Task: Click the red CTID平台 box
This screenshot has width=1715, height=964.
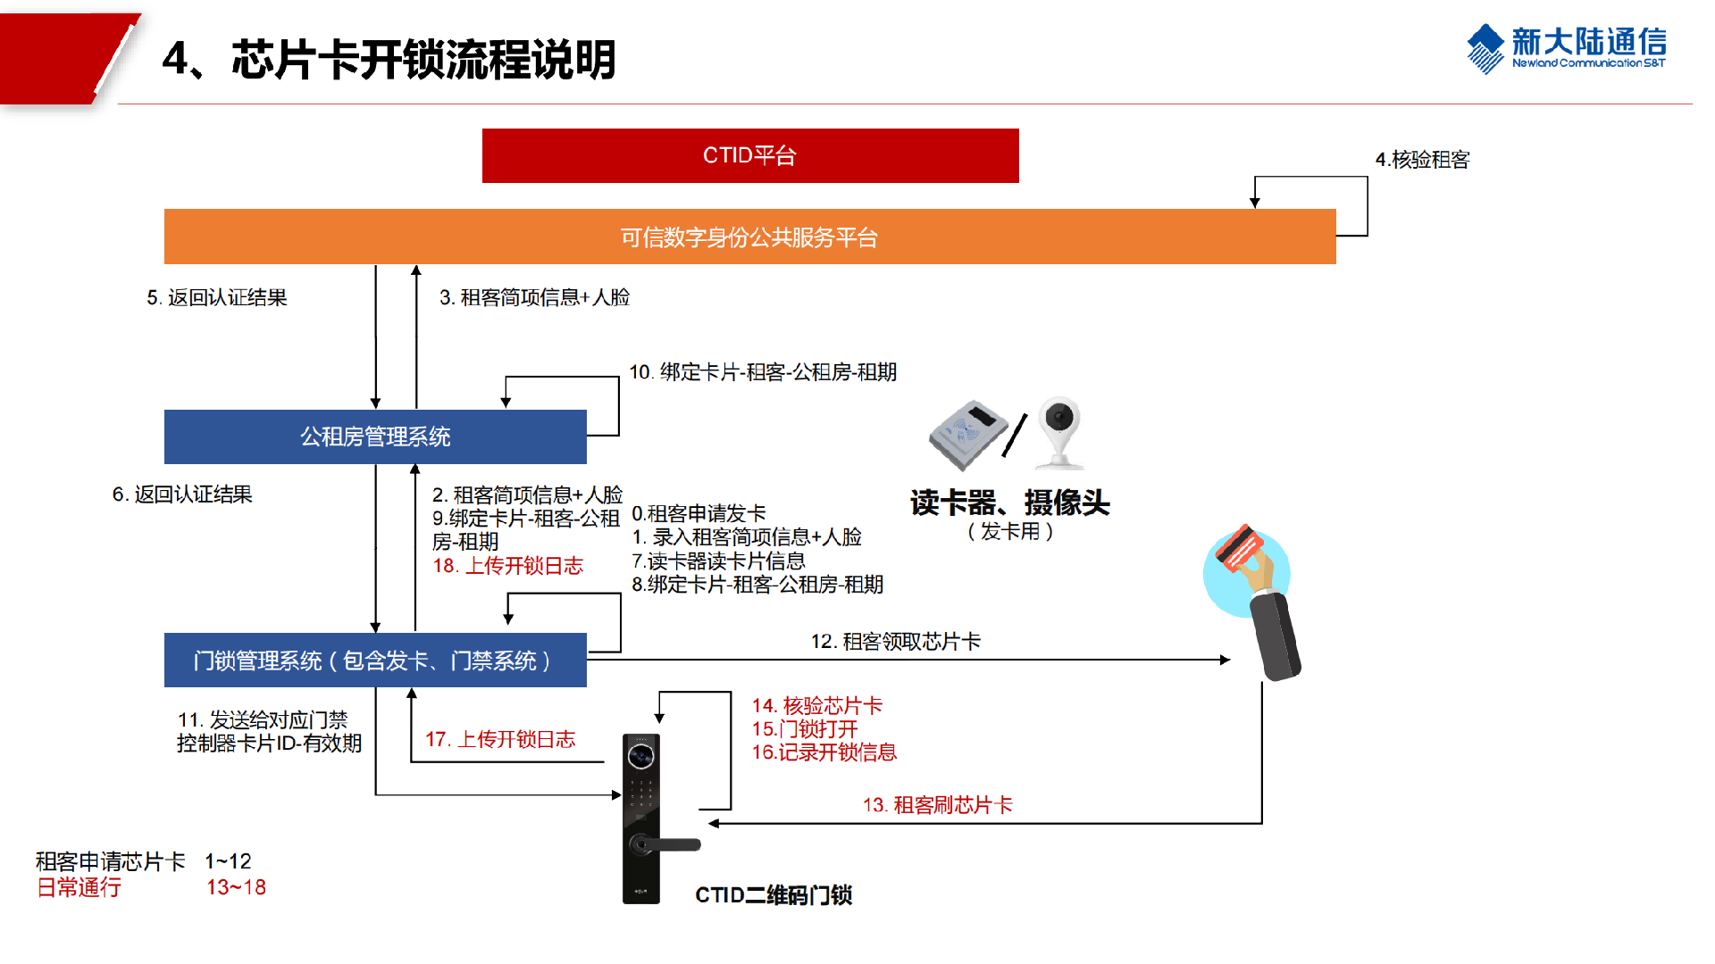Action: coord(750,155)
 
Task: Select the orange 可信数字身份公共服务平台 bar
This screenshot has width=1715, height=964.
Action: coord(749,237)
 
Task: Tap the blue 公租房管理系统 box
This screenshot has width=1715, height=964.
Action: coord(375,436)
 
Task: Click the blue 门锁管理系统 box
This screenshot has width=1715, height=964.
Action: coord(375,661)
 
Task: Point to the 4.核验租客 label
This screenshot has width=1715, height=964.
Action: coord(1422,160)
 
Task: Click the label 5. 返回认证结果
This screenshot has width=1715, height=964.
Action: coord(217,297)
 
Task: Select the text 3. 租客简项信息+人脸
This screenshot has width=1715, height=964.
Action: coord(534,297)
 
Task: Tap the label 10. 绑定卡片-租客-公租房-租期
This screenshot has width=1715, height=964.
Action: coord(763,372)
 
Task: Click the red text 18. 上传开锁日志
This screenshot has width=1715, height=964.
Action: coord(507,566)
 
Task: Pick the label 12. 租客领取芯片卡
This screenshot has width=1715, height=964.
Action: coord(895,642)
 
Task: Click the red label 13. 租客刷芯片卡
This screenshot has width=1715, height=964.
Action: coord(937,805)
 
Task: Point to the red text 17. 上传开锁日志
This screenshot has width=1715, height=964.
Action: coord(500,739)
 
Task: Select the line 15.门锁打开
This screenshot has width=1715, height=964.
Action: coord(805,729)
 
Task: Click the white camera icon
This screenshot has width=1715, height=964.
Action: coord(1060,432)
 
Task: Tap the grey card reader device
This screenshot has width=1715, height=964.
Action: coord(968,434)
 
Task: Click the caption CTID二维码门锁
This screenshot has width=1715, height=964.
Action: coord(774,895)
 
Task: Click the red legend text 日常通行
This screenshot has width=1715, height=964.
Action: coord(79,887)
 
